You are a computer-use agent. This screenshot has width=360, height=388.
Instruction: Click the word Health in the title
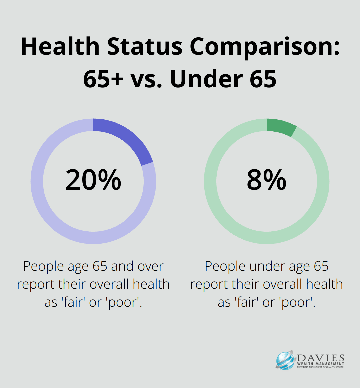[x=60, y=46]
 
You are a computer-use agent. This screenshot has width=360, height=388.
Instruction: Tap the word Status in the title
[x=145, y=46]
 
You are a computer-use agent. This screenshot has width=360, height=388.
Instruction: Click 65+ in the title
[x=103, y=79]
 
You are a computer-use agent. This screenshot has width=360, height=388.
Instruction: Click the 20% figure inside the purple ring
[x=93, y=180]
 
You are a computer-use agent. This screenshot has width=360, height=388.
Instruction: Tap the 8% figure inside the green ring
[x=266, y=180]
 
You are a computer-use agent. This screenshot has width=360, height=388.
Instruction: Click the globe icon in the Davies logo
[x=285, y=361]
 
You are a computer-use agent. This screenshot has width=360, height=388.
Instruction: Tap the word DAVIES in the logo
[x=321, y=358]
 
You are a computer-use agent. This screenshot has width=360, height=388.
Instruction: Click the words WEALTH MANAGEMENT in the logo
[x=321, y=364]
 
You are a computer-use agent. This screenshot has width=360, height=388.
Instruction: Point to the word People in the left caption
[x=44, y=267]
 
